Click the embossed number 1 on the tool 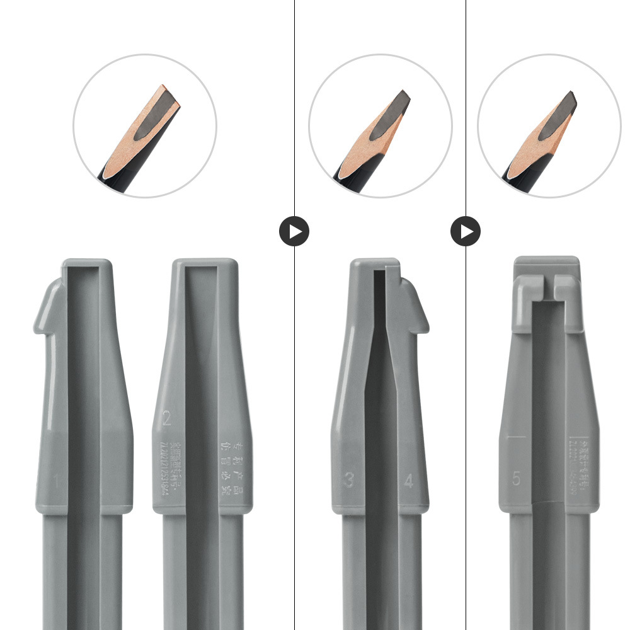56,483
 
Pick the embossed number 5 517,479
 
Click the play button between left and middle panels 294,231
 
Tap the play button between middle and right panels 466,231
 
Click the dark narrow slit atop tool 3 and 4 381,296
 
